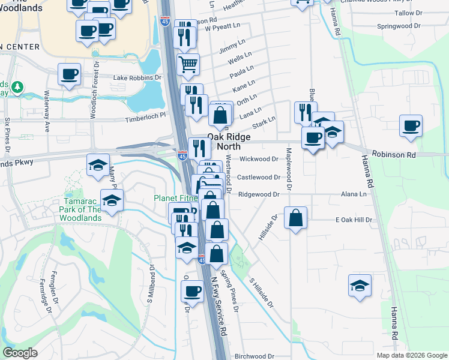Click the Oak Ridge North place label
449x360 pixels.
(x=229, y=142)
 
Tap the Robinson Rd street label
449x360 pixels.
(x=394, y=154)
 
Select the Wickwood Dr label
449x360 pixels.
(x=259, y=159)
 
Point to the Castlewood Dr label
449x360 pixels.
(x=259, y=177)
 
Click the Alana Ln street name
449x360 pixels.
(x=354, y=194)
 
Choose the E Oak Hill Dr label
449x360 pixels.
(x=354, y=220)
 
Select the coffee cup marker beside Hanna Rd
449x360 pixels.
(x=411, y=127)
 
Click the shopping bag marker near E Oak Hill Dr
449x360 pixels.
(x=296, y=218)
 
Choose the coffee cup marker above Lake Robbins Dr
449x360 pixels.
(x=69, y=74)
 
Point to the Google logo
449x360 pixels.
(x=20, y=353)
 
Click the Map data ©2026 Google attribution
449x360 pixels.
(x=411, y=355)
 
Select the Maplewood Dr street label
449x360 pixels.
(x=289, y=170)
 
